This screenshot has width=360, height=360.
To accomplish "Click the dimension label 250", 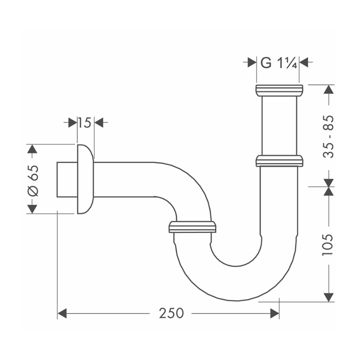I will pos(171,313).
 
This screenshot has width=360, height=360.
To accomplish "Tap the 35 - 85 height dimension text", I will pos(328,137).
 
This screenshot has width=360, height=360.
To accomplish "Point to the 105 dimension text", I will pos(328,245).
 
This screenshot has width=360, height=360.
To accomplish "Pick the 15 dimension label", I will pos(85,123).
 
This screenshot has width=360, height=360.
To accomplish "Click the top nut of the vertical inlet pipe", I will pos(279,90).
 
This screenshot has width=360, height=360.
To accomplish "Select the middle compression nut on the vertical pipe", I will pos(279,161).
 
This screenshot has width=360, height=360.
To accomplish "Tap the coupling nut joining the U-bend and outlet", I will pos(192,227).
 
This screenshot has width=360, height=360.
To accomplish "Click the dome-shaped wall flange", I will pos(85,179).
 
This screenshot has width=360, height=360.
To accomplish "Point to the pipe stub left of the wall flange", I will pos(67,180).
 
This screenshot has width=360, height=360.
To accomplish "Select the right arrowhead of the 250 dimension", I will pos(275,313).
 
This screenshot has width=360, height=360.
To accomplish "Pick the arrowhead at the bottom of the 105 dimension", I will pos(328,297).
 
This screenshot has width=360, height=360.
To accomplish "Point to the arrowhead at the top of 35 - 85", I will pos(328,89).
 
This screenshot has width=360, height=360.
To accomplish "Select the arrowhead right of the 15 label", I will pos(99,123).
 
